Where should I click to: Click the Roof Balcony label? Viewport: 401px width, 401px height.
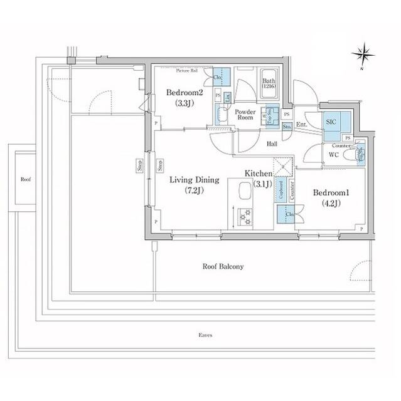[x=223, y=266]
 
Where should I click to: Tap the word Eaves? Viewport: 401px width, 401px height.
[x=205, y=335]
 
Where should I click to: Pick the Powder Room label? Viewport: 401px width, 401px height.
[x=244, y=115]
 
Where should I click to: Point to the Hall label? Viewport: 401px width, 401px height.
[x=272, y=144]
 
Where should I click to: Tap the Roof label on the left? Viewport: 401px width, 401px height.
[x=26, y=179]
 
